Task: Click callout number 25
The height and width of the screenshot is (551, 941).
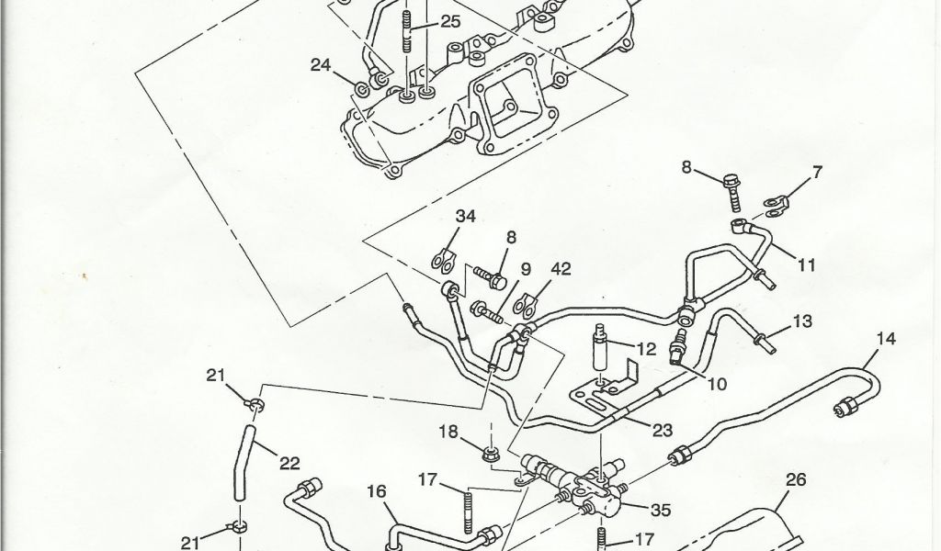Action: tap(450, 22)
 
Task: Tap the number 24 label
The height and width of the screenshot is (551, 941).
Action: tap(320, 65)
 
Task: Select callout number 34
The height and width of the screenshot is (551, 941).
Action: tap(466, 217)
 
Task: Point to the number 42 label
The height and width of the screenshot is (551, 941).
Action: tap(561, 269)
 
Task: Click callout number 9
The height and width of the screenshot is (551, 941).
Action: tap(527, 269)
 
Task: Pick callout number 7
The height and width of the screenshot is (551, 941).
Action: tap(817, 172)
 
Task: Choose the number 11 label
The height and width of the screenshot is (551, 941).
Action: tap(807, 266)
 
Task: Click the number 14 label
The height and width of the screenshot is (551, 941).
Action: tap(884, 338)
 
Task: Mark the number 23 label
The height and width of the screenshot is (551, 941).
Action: tap(663, 428)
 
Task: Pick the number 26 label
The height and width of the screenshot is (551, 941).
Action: tap(796, 478)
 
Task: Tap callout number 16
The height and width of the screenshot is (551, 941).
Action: tap(377, 491)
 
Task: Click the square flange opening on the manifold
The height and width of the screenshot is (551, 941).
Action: tap(503, 109)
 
